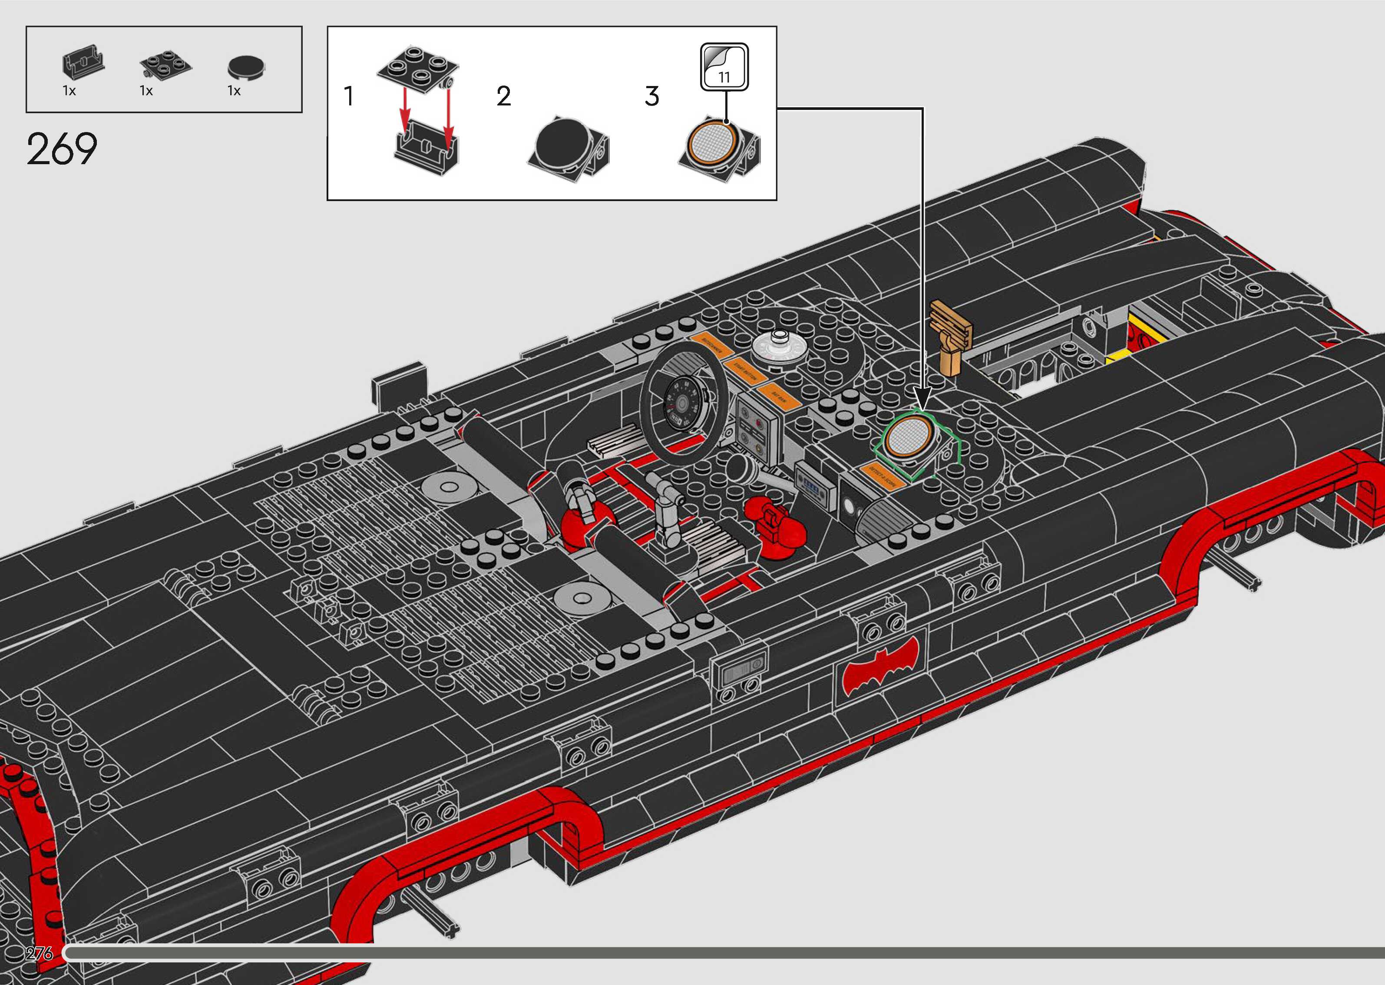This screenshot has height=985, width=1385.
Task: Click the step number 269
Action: pyautogui.click(x=61, y=149)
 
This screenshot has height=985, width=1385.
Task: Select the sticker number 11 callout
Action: pyautogui.click(x=724, y=67)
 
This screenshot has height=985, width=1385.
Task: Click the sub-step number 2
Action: pyautogui.click(x=503, y=96)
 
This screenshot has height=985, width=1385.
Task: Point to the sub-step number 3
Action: pyautogui.click(x=652, y=96)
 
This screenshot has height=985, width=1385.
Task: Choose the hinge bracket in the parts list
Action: pyautogui.click(x=83, y=66)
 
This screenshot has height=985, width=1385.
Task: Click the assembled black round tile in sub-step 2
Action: pyautogui.click(x=562, y=145)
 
